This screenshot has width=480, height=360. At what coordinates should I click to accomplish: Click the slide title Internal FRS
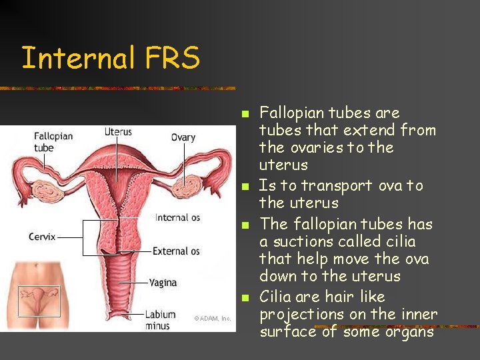click(x=111, y=58)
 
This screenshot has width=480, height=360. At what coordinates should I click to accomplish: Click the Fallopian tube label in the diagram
click(x=53, y=142)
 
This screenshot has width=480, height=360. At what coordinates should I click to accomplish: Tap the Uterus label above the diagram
click(x=118, y=132)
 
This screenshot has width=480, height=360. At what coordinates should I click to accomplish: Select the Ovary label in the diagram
click(x=183, y=137)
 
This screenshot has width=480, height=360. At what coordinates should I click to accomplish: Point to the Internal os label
click(x=177, y=217)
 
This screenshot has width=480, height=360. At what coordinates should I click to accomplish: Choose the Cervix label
click(x=43, y=237)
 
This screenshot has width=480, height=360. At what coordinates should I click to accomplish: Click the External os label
click(x=176, y=251)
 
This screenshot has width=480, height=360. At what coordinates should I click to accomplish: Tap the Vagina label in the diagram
click(x=163, y=282)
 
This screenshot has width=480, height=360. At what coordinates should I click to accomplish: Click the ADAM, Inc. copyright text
click(x=213, y=318)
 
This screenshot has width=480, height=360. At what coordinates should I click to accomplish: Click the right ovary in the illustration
click(x=195, y=185)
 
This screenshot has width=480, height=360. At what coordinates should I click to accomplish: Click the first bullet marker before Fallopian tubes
click(x=245, y=113)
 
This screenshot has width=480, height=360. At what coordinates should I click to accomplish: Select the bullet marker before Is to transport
click(x=245, y=185)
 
